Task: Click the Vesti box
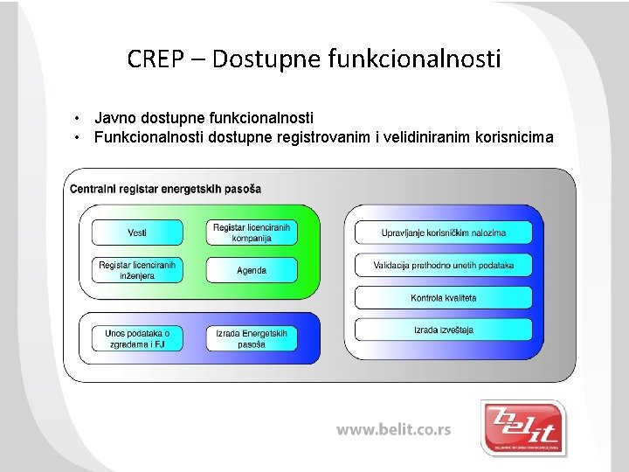click(137, 233)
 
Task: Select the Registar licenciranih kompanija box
click(252, 233)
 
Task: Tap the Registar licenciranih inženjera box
click(137, 269)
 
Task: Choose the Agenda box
click(252, 270)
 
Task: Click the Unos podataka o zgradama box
click(137, 338)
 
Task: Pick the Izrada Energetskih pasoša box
click(252, 338)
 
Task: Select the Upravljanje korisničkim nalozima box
click(444, 233)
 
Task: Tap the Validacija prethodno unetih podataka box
click(444, 265)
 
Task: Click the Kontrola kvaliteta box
click(444, 298)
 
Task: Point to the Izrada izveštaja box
click(444, 330)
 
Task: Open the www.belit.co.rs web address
click(394, 430)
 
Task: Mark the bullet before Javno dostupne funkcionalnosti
click(79, 117)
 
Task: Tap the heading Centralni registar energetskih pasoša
click(165, 189)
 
